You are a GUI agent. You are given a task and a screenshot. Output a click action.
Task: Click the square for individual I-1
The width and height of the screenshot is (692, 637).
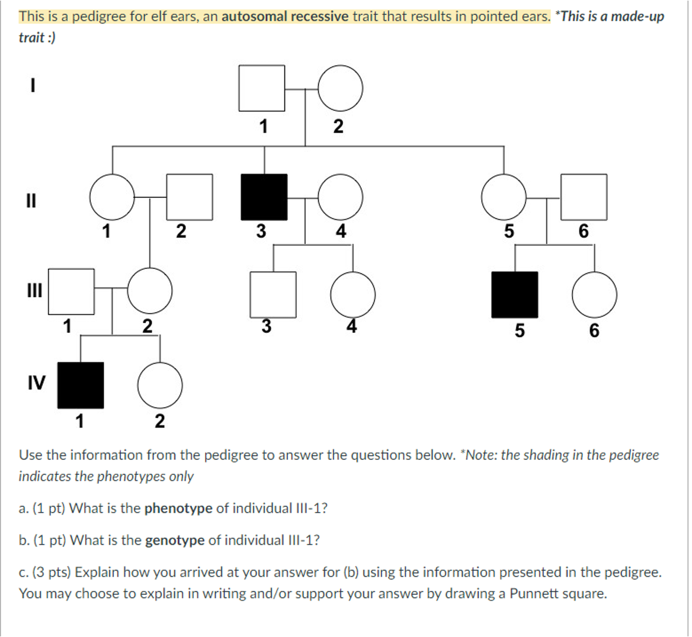point(262,88)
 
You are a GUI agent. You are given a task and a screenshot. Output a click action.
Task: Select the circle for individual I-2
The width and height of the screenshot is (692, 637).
point(341,88)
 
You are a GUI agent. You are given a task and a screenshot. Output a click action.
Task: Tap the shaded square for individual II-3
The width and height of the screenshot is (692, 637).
point(264,197)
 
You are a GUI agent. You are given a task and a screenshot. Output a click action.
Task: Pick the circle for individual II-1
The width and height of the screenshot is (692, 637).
point(113,197)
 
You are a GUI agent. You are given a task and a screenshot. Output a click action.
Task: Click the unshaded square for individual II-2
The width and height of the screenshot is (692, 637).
point(190,197)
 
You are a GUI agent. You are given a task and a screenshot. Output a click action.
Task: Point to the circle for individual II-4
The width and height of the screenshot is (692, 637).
point(341,197)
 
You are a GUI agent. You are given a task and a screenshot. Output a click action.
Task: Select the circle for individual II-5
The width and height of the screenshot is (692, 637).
point(504,197)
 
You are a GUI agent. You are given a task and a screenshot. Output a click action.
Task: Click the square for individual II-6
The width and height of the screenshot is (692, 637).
point(584,197)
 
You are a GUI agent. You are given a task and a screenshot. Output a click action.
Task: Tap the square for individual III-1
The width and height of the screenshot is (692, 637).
point(71,291)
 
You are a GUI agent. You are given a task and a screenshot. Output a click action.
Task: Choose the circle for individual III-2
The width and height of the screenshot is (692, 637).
point(150,291)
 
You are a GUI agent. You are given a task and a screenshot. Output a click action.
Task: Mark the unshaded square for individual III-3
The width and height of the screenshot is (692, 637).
point(273,294)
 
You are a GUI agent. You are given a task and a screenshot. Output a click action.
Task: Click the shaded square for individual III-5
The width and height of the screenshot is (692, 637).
point(515,295)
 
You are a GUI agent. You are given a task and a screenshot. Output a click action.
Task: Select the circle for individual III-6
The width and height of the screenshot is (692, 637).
point(594,295)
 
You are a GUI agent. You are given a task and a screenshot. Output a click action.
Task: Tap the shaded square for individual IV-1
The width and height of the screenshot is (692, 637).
point(81,385)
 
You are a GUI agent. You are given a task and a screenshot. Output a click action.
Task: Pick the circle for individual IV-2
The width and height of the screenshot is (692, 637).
point(160,385)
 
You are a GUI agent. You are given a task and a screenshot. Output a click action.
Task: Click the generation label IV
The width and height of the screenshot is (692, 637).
point(36,383)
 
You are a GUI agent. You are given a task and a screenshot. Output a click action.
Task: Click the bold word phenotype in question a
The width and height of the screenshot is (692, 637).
point(178,509)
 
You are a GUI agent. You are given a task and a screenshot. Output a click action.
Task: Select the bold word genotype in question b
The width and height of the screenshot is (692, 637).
point(175,541)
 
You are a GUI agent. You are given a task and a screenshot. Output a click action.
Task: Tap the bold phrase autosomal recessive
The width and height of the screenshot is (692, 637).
point(285,16)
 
